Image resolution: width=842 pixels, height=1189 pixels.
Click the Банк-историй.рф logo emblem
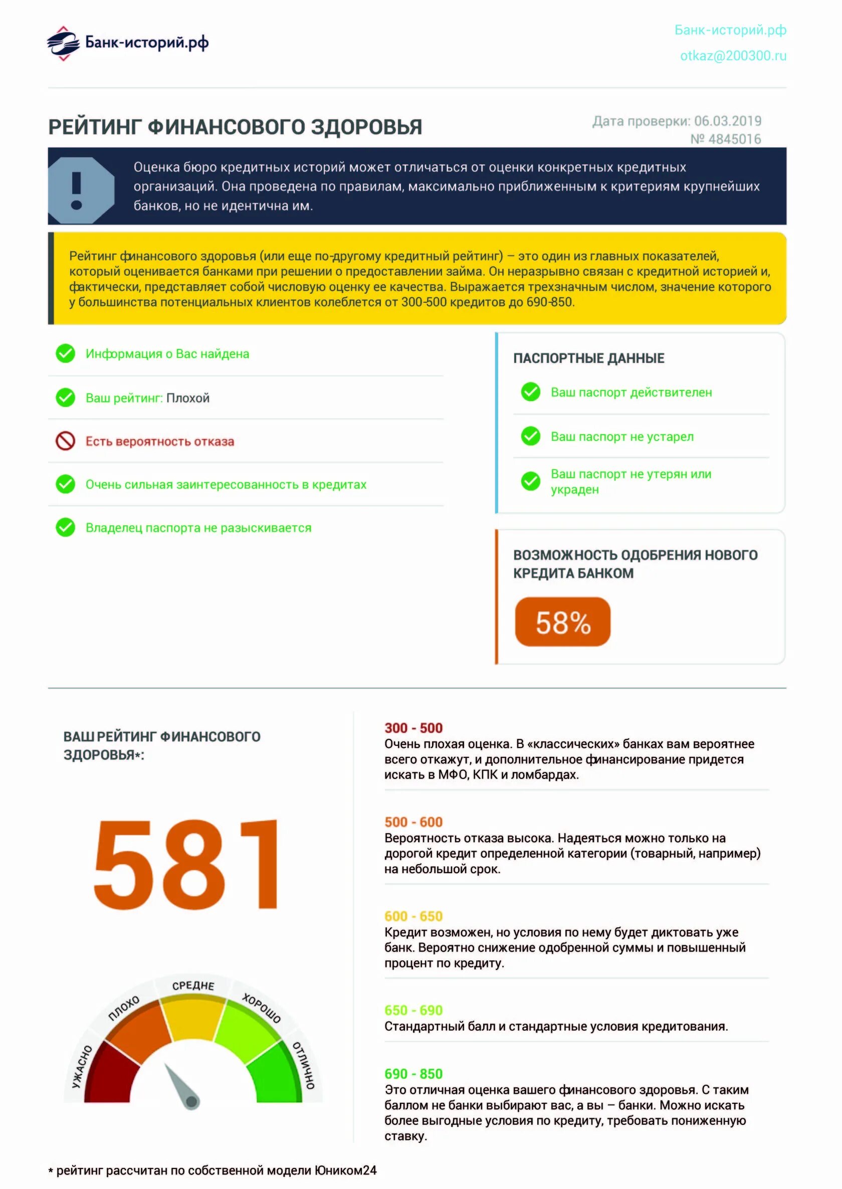click(63, 43)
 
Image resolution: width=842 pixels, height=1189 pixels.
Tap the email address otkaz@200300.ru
click(733, 56)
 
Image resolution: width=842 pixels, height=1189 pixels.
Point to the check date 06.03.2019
click(727, 121)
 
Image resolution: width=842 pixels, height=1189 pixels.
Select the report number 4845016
click(734, 139)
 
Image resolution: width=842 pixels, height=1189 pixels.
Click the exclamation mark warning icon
click(77, 190)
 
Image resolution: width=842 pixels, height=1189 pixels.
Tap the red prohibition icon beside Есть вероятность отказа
click(65, 441)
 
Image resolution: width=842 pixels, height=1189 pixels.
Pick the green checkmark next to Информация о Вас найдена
click(65, 353)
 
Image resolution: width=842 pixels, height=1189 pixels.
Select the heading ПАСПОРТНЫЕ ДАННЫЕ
click(588, 358)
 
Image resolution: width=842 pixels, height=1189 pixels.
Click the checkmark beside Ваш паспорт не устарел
click(530, 436)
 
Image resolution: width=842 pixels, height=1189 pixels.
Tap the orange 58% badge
click(562, 622)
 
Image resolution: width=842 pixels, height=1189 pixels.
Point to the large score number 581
click(185, 864)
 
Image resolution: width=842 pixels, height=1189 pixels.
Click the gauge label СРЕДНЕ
click(193, 985)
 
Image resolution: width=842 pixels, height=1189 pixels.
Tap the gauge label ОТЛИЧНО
click(304, 1066)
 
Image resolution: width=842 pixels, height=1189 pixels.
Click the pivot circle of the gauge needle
click(191, 1101)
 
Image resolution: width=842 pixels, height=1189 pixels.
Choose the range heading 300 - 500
click(413, 728)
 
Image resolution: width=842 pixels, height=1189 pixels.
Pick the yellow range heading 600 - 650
click(413, 916)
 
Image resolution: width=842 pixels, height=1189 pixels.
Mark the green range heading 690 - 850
click(413, 1074)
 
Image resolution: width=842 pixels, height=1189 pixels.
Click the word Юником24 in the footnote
click(345, 1171)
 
